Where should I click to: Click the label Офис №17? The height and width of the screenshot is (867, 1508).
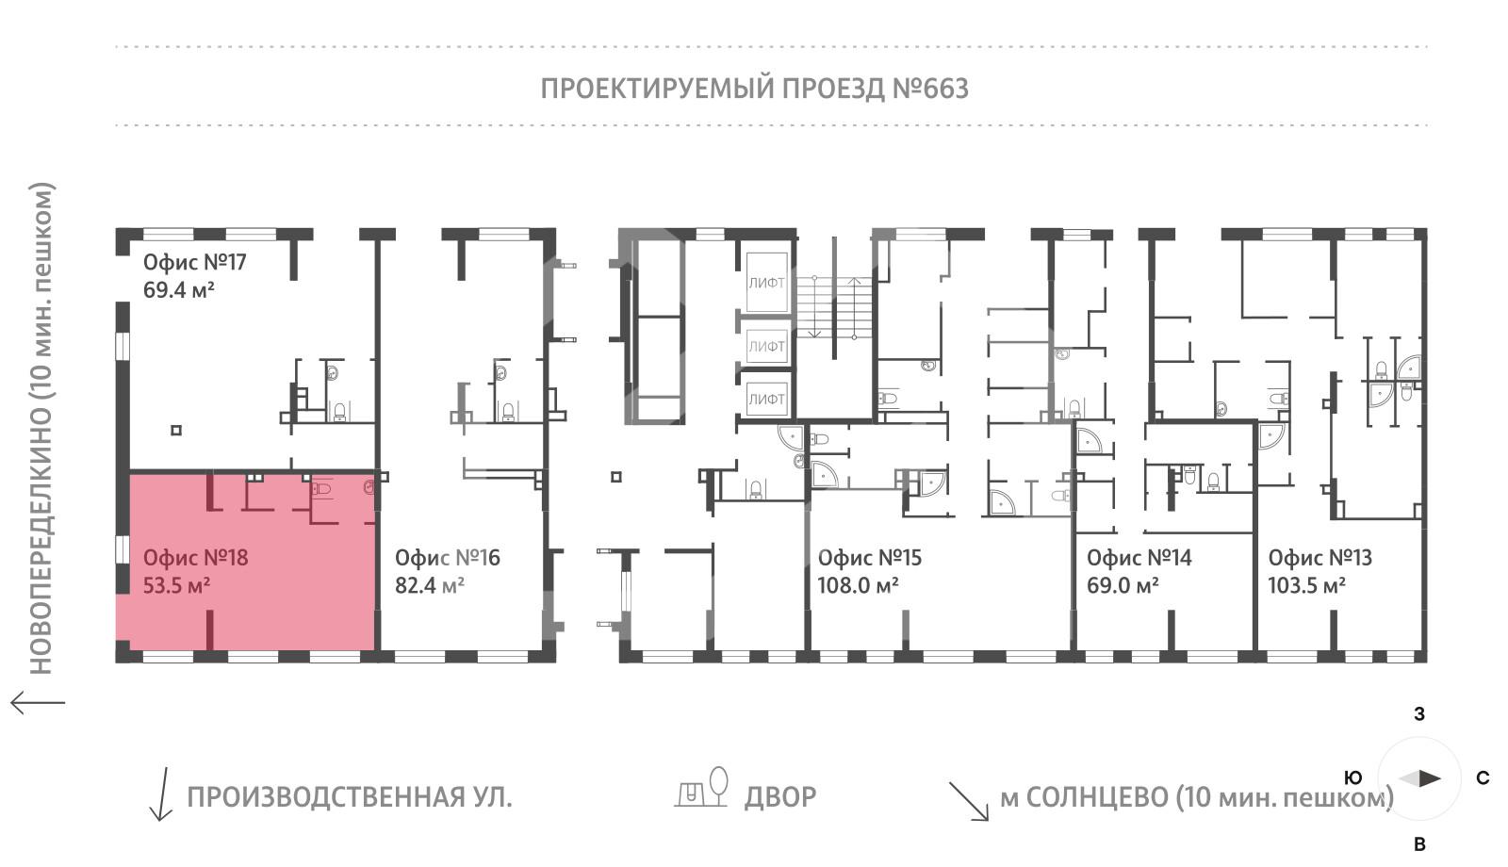[194, 262]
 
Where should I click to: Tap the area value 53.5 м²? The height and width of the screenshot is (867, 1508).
[176, 585]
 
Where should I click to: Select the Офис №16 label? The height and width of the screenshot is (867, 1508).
[447, 557]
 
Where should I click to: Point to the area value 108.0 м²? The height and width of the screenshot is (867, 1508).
[858, 585]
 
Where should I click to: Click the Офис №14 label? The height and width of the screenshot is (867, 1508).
[1139, 557]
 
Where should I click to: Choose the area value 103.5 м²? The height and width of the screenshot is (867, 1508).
[1306, 585]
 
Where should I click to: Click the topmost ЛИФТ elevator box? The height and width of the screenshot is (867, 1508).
[766, 283]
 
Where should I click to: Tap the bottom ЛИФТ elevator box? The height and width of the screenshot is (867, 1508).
[766, 400]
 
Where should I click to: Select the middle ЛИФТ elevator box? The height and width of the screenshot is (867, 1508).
[766, 346]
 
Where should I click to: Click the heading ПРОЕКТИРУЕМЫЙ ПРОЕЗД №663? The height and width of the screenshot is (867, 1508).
[755, 89]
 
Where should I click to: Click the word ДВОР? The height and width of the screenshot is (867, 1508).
[780, 797]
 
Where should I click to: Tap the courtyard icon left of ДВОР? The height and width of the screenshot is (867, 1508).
[701, 787]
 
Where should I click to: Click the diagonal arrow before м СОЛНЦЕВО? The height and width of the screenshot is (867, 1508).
[970, 802]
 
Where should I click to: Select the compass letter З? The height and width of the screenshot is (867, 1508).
[1419, 714]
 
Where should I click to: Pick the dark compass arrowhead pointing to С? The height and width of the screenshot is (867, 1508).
[1430, 778]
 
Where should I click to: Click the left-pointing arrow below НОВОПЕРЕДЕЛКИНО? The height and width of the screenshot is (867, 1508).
[38, 703]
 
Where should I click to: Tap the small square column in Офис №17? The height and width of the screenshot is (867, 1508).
[176, 430]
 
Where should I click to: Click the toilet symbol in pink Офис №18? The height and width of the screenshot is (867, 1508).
[321, 488]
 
